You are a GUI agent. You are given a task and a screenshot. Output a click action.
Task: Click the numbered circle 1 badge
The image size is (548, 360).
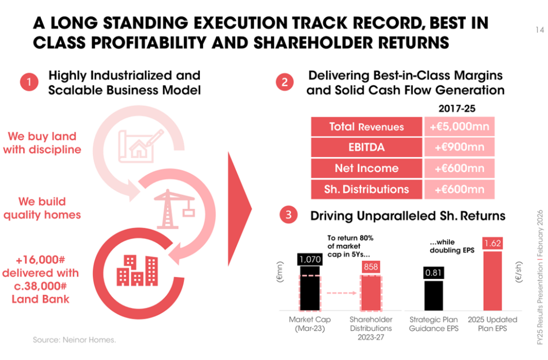pyautogui.click(x=30, y=83)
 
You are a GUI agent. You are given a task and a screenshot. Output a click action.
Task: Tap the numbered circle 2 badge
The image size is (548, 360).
pyautogui.click(x=285, y=83)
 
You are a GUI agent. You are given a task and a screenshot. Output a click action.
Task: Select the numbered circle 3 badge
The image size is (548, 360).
pyautogui.click(x=288, y=215)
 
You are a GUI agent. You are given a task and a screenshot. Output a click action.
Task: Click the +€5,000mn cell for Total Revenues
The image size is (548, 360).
pyautogui.click(x=459, y=127)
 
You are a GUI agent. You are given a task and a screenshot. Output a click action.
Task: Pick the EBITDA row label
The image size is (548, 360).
pyautogui.click(x=367, y=148)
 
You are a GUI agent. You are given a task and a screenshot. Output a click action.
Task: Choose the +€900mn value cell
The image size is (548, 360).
pyautogui.click(x=459, y=148)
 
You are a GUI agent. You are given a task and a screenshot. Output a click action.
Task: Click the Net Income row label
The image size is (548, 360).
pyautogui.click(x=367, y=169)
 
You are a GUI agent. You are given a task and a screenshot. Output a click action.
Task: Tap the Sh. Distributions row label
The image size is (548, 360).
pyautogui.click(x=367, y=189)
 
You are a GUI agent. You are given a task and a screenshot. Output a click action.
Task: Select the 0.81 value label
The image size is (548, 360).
pyautogui.click(x=434, y=273)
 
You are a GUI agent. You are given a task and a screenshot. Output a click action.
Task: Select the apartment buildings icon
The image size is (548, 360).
pyautogui.click(x=136, y=269)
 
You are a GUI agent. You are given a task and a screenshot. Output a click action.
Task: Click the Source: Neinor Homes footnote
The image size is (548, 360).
pyautogui.click(x=74, y=340)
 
